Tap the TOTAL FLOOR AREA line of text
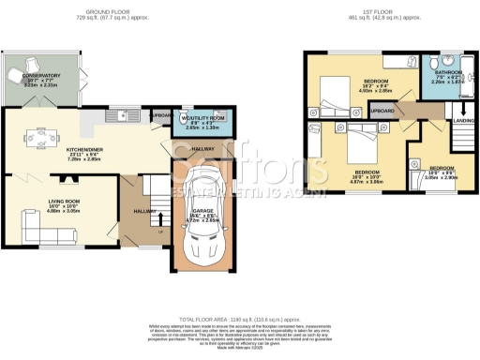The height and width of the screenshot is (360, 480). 240,320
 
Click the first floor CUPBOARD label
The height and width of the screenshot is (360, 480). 382,111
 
